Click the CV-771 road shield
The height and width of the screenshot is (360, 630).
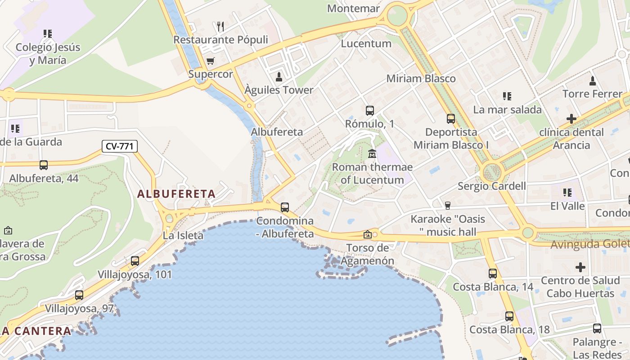tap(120, 146)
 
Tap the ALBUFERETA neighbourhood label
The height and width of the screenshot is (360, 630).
tap(176, 194)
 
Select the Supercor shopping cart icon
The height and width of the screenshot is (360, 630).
tap(210, 61)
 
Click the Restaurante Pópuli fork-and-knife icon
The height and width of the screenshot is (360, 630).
tap(220, 27)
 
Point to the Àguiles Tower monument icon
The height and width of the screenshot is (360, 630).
tap(279, 77)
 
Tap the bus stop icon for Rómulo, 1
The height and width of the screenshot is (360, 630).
tap(370, 110)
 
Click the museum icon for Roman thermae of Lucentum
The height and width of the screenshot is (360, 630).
tap(372, 154)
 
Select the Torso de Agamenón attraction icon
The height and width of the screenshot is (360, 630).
tap(368, 234)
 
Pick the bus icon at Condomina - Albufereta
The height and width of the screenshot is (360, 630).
tap(285, 207)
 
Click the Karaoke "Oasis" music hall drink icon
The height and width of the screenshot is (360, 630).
tap(447, 206)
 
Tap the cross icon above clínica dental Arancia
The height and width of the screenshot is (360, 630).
tap(571, 119)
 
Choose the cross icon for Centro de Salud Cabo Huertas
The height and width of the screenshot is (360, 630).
tap(580, 267)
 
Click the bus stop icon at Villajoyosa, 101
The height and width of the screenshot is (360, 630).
tap(135, 261)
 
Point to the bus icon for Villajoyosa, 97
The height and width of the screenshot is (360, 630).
tap(79, 295)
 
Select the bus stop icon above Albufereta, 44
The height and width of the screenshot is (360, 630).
tap(44, 165)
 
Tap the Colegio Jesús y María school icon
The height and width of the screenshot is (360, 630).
tap(48, 34)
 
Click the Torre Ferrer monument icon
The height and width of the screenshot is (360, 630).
tap(593, 81)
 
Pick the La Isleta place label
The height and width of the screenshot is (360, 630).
tap(183, 235)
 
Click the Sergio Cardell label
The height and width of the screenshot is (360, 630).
tap(492, 186)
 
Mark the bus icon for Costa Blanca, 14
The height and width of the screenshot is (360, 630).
tap(493, 274)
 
